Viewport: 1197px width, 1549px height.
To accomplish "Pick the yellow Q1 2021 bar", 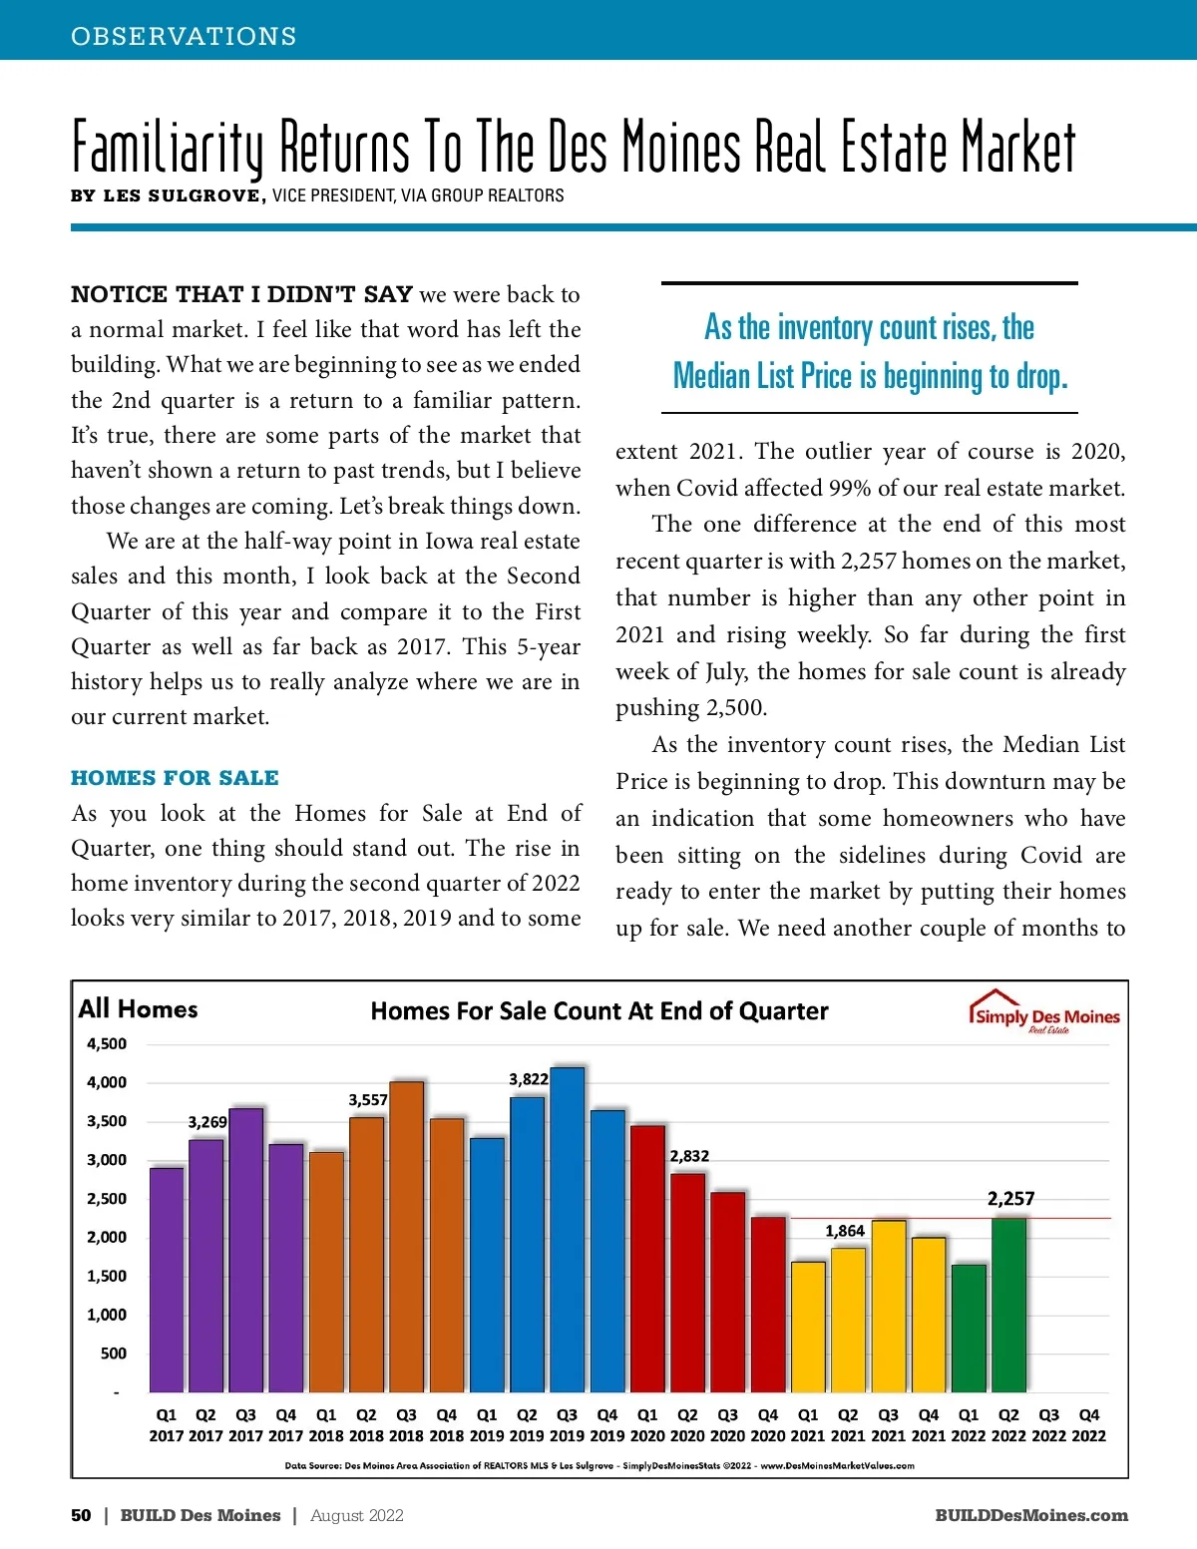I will tap(808, 1327).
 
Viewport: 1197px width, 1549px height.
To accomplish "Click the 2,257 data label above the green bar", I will tap(1010, 1199).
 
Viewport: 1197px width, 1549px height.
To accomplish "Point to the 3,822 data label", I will tap(529, 1079).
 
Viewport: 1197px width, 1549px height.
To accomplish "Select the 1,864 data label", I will tap(845, 1231).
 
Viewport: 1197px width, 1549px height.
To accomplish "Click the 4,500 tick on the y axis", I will tap(107, 1044).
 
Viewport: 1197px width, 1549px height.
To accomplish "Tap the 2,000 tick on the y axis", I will tap(107, 1237).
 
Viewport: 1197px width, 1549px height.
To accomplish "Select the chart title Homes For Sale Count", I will tap(599, 1011).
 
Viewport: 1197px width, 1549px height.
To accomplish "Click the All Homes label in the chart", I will tap(139, 1008).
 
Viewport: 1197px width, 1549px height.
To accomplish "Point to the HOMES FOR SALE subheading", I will tap(175, 778).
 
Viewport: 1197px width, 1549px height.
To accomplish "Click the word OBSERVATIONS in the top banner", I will tap(184, 37).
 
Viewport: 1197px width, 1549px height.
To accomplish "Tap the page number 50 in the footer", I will tap(81, 1515).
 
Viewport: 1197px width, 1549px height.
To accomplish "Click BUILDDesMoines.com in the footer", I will tap(1031, 1515).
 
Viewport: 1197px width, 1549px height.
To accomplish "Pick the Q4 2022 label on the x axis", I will tap(1089, 1425).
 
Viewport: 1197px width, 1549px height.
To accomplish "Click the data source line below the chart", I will tap(599, 1466).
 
